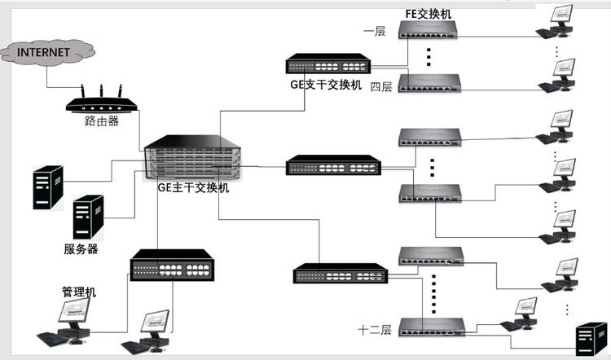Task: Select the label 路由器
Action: point(102,121)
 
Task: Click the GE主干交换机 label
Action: point(193,188)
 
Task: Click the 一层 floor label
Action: point(375,31)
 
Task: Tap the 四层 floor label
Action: point(381,86)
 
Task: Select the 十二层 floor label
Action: point(376,330)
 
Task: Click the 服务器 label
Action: point(81,249)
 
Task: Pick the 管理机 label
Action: point(79,291)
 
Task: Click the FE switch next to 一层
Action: point(429,31)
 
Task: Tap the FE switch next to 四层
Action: point(429,82)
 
